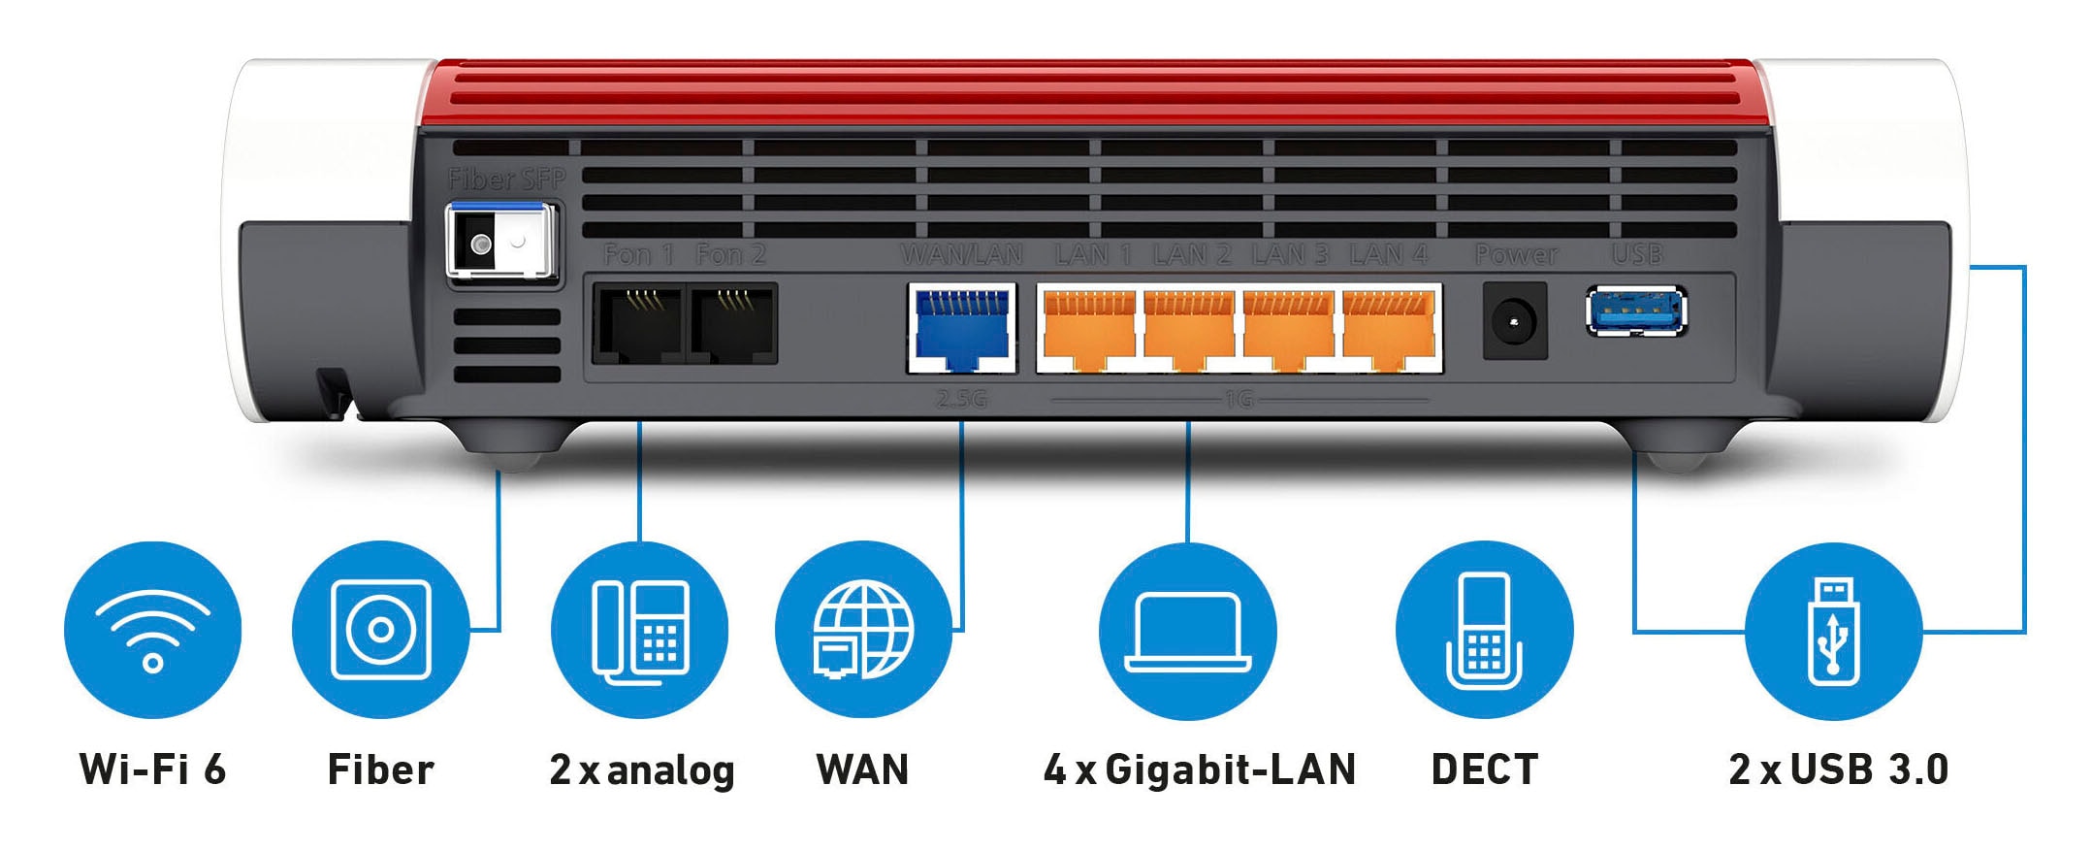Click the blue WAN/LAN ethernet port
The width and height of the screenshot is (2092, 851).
[x=961, y=328]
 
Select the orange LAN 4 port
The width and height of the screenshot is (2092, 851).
[x=1388, y=328]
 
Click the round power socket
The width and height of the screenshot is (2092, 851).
[x=1513, y=320]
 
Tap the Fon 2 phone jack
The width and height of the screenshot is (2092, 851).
[x=732, y=322]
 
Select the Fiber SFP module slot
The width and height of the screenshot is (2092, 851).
[x=500, y=241]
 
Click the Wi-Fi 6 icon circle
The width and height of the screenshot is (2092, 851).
[x=152, y=630]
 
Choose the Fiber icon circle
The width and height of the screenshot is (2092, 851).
[x=380, y=630]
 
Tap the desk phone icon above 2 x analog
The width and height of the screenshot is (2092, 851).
[x=639, y=630]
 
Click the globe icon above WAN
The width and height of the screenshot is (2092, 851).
[x=863, y=630]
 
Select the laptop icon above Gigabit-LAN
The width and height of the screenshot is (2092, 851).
[x=1187, y=630]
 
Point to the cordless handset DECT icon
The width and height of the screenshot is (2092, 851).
[x=1484, y=630]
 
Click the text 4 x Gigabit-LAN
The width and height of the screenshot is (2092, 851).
[x=1199, y=769]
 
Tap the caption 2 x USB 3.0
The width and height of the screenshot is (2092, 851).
[x=1838, y=769]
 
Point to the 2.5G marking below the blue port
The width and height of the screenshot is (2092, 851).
[x=961, y=399]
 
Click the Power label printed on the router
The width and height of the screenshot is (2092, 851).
[x=1515, y=255]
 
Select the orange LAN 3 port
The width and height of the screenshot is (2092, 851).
[x=1288, y=328]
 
